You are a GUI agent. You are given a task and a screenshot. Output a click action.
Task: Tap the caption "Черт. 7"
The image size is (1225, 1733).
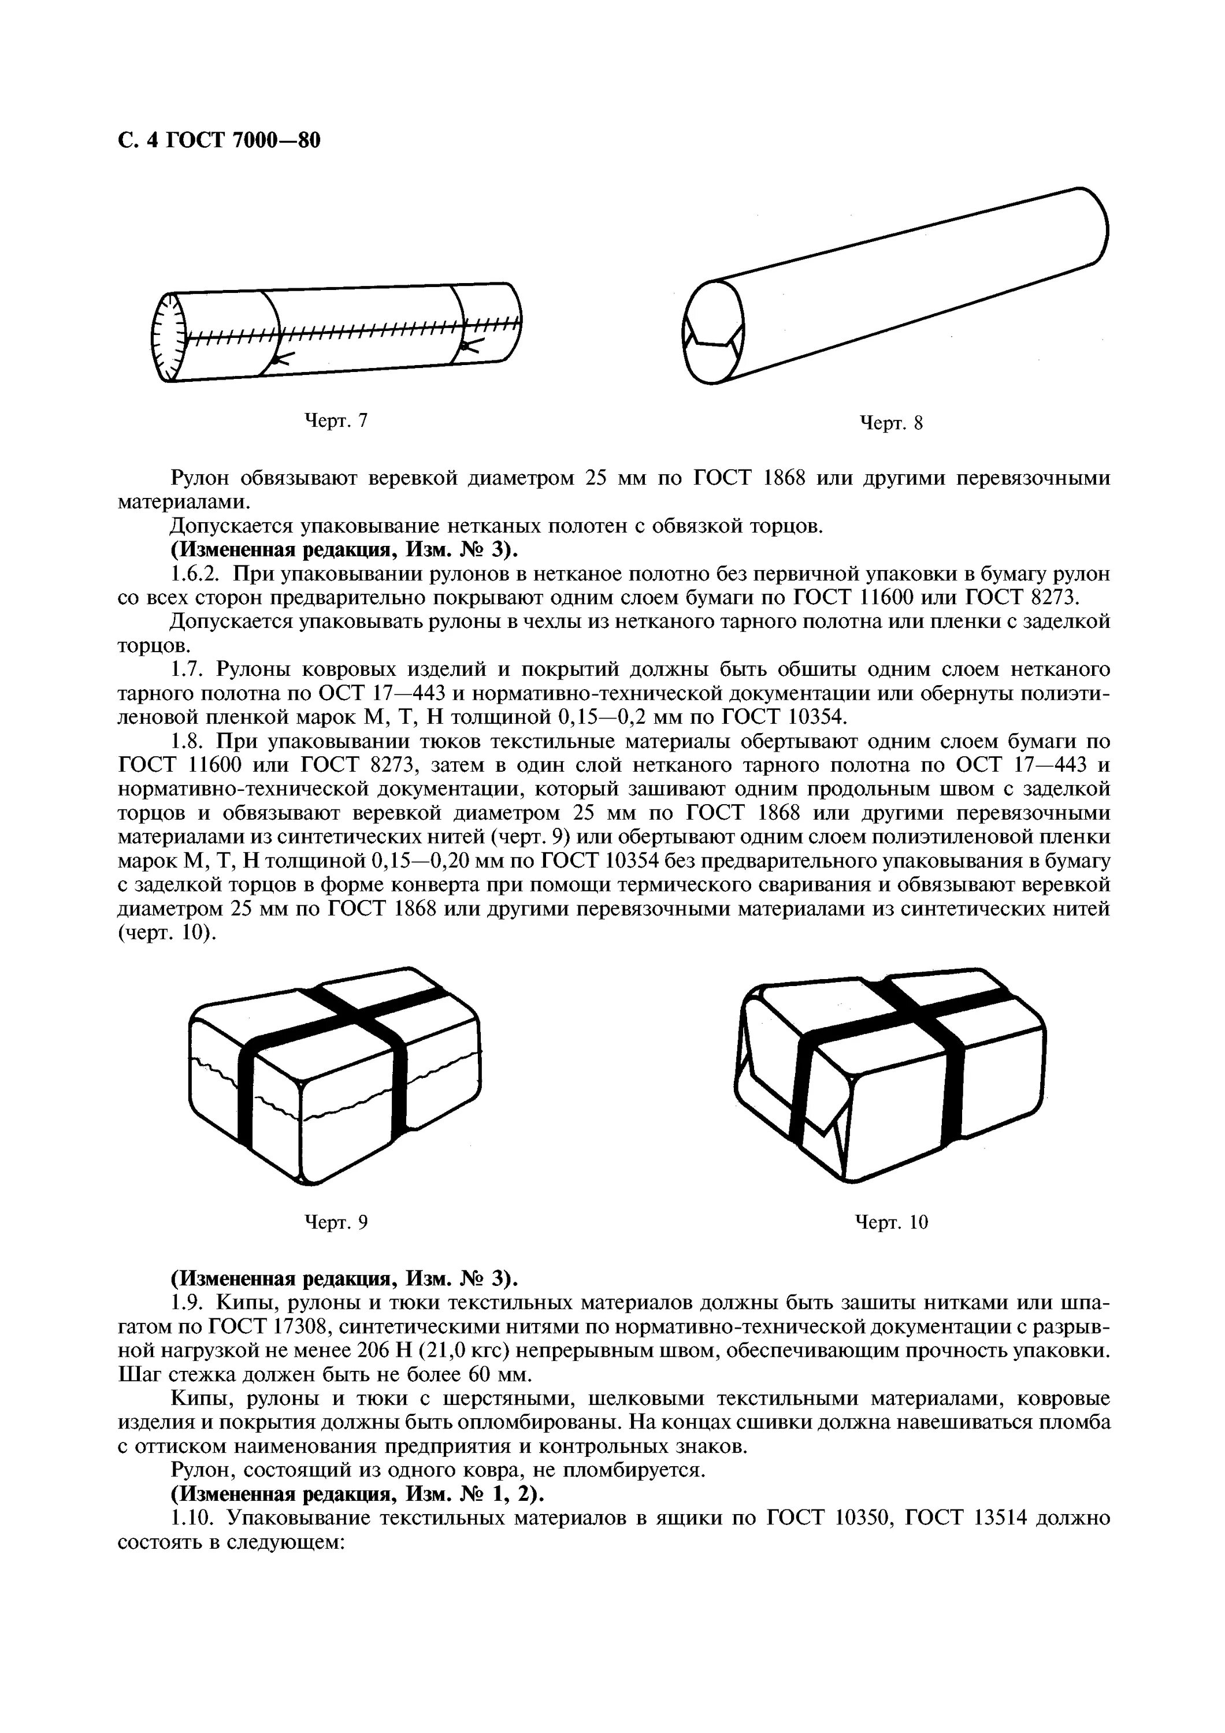(x=335, y=421)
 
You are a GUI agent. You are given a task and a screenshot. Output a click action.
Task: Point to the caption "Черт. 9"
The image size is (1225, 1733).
(x=335, y=1222)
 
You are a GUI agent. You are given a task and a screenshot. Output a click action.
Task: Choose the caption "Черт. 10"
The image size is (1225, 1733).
(x=890, y=1222)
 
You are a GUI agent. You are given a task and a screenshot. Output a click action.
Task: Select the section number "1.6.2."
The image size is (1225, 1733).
(x=195, y=574)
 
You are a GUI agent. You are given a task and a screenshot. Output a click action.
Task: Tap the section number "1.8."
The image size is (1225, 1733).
(x=188, y=741)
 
